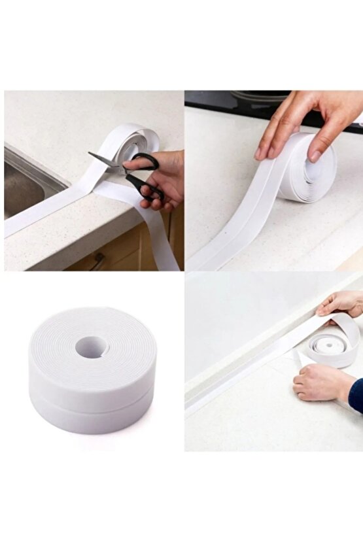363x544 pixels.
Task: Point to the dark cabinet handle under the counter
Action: tap(98, 262)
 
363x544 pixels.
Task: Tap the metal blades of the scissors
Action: tap(105, 161)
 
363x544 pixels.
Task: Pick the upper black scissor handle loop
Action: tap(145, 161)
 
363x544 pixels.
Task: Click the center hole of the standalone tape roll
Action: tap(91, 347)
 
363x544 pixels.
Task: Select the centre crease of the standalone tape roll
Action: tap(92, 392)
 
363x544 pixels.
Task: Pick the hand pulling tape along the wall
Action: tap(340, 304)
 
